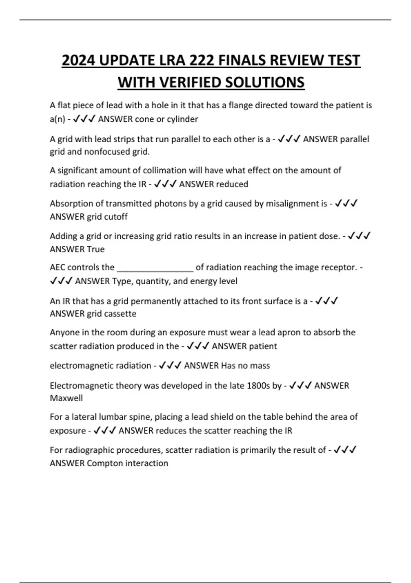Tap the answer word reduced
232,184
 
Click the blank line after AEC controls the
155,268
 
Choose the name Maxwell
66,398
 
